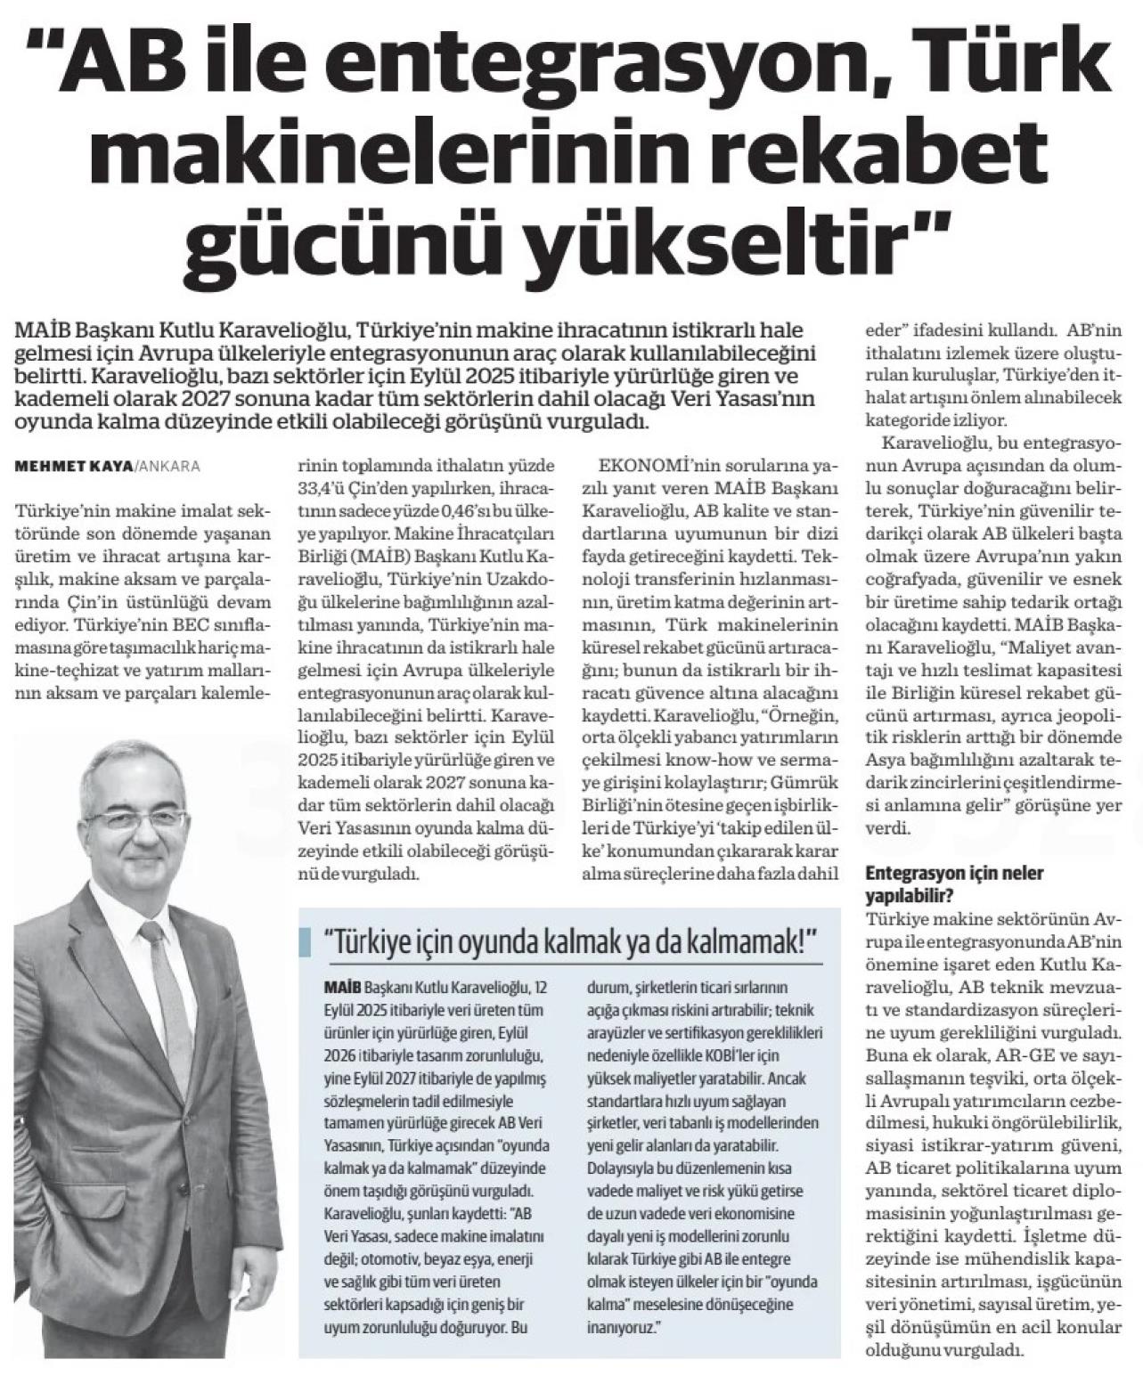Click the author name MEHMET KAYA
pyautogui.click(x=72, y=466)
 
